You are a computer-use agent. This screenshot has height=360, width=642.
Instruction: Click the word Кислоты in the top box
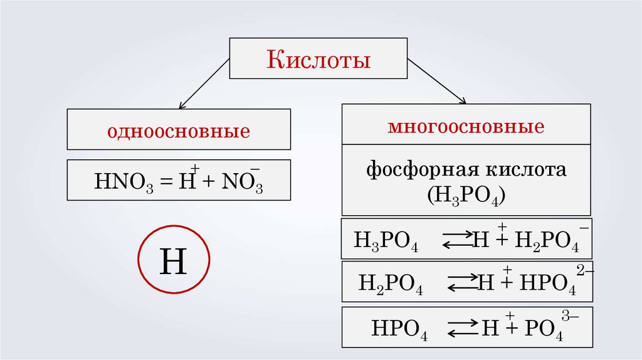pyautogui.click(x=319, y=60)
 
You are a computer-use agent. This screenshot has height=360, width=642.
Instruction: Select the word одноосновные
pyautogui.click(x=179, y=132)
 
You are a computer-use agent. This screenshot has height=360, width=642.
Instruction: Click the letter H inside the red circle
pyautogui.click(x=173, y=262)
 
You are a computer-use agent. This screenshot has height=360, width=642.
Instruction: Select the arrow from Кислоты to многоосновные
pyautogui.click(x=437, y=81)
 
